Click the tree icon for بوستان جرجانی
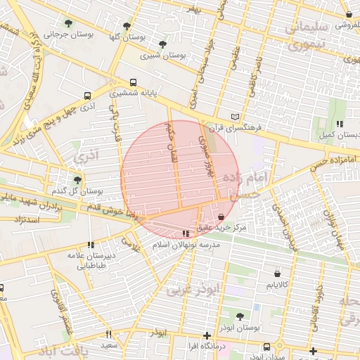coord(68,23)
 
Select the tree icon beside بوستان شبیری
coord(163,44)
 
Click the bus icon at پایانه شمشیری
coord(134,81)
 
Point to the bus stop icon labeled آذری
coord(87,96)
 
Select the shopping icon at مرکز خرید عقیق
coord(223,217)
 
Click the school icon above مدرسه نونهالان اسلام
coord(186,233)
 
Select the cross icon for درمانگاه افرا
coord(206,335)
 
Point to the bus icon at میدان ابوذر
coord(267,347)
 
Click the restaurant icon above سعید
coord(108,335)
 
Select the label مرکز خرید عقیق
coord(241,228)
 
